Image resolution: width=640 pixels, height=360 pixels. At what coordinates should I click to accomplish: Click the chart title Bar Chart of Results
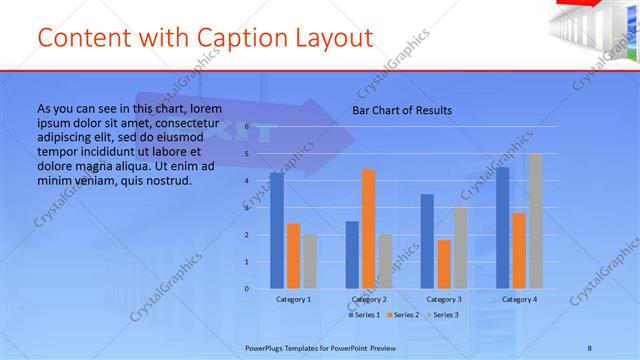tap(402, 110)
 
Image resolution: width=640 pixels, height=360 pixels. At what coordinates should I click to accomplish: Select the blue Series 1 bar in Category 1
tap(277, 231)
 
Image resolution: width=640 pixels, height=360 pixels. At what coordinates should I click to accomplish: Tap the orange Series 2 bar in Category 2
tap(368, 229)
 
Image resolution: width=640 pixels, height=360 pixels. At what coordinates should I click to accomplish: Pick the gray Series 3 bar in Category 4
tap(536, 221)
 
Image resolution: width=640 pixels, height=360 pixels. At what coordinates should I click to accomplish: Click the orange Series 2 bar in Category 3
tap(444, 264)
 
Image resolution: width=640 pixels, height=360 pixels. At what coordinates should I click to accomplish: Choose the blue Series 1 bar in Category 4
tap(502, 228)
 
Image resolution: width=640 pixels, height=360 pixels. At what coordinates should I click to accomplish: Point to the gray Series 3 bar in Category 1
tap(310, 262)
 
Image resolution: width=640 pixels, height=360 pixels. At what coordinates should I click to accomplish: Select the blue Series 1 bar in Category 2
tap(352, 255)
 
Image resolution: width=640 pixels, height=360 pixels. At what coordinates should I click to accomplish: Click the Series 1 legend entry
tap(365, 315)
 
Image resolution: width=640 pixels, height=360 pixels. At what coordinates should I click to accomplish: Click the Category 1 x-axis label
tap(293, 299)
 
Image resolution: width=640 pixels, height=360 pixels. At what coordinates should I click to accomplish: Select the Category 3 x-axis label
tap(444, 299)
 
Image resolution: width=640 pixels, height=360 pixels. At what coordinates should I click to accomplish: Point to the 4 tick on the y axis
tap(247, 181)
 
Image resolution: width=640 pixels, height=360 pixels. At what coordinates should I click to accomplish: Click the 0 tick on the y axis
tap(247, 289)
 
